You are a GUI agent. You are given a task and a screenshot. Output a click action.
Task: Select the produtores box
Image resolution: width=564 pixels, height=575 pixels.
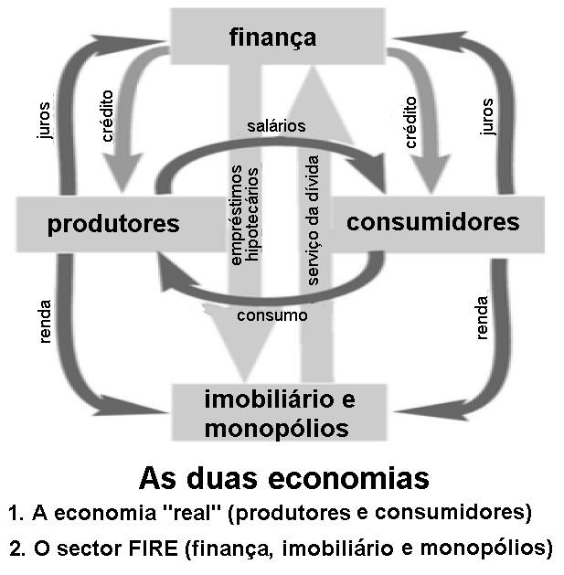[x=113, y=224]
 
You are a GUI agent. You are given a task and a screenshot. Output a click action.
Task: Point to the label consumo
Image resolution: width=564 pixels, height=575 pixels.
[x=271, y=315]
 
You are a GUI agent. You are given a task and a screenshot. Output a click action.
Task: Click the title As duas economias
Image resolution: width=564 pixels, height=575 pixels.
[x=283, y=478]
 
